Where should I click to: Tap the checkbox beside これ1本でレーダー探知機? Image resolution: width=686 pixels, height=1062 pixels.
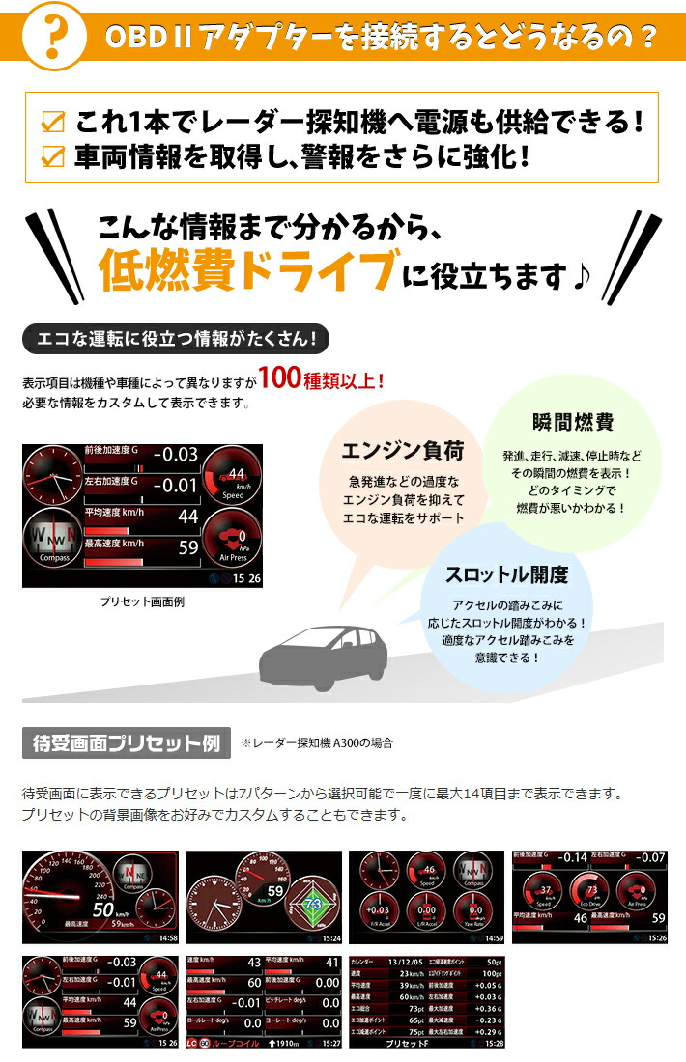coord(55,124)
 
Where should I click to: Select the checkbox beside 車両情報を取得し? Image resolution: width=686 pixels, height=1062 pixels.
coord(55,154)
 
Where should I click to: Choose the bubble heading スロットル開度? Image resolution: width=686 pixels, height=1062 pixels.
coord(506,575)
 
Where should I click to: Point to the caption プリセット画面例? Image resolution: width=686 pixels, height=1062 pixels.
coord(142,601)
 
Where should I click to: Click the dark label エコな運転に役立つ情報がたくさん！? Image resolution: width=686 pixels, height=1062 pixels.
coord(175,339)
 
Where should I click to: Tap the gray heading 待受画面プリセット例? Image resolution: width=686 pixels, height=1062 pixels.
coord(126,742)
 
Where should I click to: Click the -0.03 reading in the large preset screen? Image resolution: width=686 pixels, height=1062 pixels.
coord(175,454)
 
